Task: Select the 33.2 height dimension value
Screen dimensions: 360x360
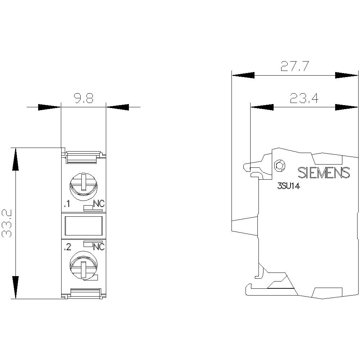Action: point(8,223)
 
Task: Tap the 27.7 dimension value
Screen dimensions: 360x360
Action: point(295,67)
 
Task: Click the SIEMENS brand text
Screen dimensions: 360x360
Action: point(324,173)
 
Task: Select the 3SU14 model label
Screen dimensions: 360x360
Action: point(289,186)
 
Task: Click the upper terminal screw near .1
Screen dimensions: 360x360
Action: point(83,184)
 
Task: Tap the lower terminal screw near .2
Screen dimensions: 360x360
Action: point(83,265)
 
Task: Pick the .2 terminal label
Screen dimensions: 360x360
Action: point(67,248)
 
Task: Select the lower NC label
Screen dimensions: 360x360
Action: point(99,247)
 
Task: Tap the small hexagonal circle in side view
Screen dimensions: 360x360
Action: point(279,166)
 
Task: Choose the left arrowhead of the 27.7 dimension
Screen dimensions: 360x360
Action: point(243,76)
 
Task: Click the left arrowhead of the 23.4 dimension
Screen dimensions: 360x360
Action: point(262,107)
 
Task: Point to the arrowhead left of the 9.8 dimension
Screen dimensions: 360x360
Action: point(49,107)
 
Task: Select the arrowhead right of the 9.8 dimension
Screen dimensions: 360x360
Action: point(118,107)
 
